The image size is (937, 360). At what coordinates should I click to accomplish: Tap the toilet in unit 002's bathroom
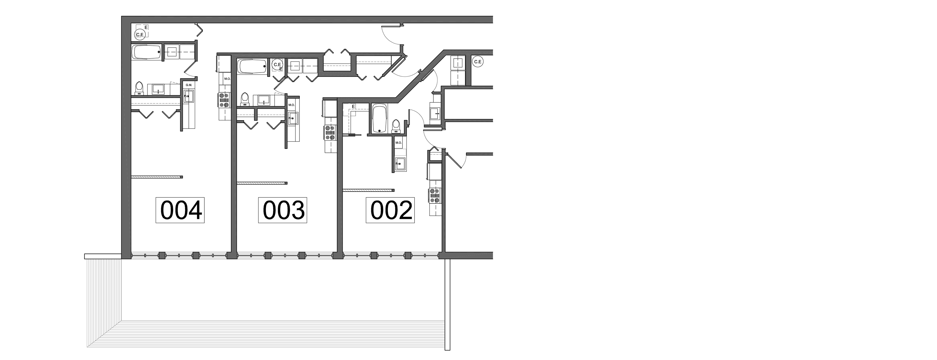click(x=395, y=125)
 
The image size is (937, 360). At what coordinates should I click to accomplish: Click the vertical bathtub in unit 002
click(x=380, y=119)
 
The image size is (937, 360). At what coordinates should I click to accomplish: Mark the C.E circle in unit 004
click(x=140, y=34)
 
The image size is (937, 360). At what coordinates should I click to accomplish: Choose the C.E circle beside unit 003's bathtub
click(x=278, y=64)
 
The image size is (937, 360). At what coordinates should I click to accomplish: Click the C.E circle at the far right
click(x=478, y=62)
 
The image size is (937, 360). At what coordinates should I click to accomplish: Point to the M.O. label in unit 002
click(x=398, y=143)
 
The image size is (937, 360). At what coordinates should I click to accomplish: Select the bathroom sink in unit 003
click(x=264, y=99)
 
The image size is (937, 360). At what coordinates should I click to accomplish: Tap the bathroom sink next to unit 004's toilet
click(x=159, y=88)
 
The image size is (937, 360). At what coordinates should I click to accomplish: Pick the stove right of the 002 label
click(x=435, y=196)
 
